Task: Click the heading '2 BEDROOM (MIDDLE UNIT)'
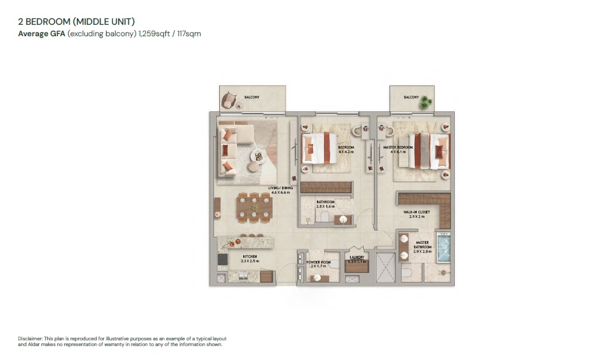[76, 22]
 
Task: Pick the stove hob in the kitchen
[223, 259]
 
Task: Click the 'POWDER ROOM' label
[317, 262]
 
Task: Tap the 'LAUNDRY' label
[356, 258]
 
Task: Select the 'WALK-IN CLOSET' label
[417, 213]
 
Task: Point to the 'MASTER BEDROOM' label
[399, 147]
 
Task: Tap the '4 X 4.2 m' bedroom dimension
[346, 152]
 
